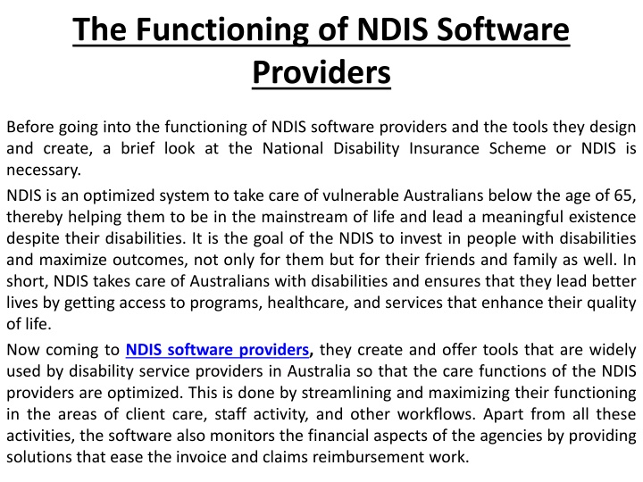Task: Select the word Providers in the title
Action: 321,72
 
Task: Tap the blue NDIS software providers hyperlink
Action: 217,350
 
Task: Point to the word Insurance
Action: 444,148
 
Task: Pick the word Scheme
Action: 517,148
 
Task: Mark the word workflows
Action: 437,414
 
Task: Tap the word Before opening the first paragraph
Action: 30,127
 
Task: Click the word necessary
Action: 44,170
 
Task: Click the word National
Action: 293,148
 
